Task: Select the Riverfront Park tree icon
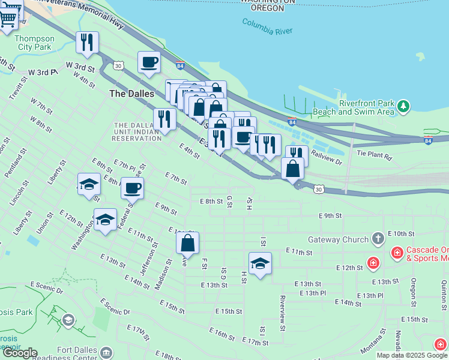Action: pyautogui.click(x=404, y=106)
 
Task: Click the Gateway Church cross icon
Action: pyautogui.click(x=378, y=239)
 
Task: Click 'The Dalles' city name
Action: pyautogui.click(x=131, y=94)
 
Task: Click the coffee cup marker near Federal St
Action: pyautogui.click(x=132, y=188)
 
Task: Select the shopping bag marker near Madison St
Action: pyautogui.click(x=187, y=243)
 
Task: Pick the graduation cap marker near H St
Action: pyautogui.click(x=260, y=263)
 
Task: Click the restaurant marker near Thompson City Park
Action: pyautogui.click(x=87, y=43)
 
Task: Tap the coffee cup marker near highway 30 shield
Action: pyautogui.click(x=149, y=61)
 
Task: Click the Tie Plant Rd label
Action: pyautogui.click(x=374, y=155)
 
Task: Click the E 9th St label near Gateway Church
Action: pyautogui.click(x=330, y=215)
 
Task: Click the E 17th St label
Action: pyautogui.click(x=255, y=341)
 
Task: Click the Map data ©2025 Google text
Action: pyautogui.click(x=412, y=355)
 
